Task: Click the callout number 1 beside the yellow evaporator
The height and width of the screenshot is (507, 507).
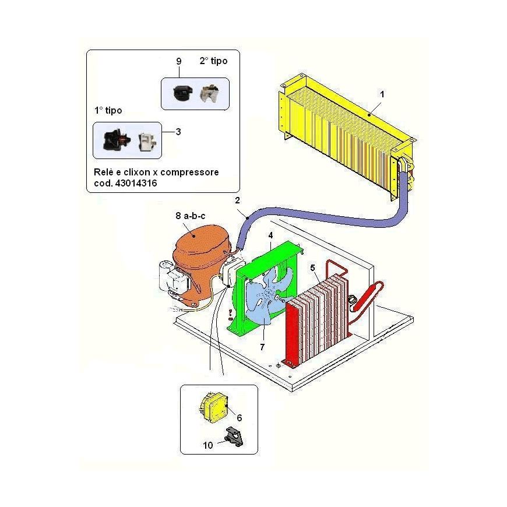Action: (382, 94)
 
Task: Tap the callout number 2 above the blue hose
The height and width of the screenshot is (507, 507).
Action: (238, 200)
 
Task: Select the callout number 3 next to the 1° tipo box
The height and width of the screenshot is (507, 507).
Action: (178, 132)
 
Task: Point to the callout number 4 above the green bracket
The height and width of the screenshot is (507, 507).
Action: (270, 235)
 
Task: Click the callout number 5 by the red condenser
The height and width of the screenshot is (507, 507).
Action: (313, 268)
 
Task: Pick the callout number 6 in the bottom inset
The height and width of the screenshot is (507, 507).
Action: (240, 418)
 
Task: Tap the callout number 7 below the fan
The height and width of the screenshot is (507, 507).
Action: (262, 347)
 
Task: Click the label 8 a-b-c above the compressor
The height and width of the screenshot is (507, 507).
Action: (191, 216)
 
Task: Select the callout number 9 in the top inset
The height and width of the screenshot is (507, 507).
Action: (179, 61)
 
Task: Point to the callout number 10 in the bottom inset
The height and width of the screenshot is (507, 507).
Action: (208, 446)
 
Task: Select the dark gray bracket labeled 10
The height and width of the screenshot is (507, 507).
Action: (234, 436)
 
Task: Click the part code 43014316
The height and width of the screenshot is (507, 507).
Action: (136, 184)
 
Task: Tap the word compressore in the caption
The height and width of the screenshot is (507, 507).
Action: (189, 172)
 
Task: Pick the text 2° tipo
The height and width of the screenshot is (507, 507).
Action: (213, 61)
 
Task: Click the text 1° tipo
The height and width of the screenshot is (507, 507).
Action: (108, 111)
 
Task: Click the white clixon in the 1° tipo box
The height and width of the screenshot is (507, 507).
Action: (147, 142)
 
